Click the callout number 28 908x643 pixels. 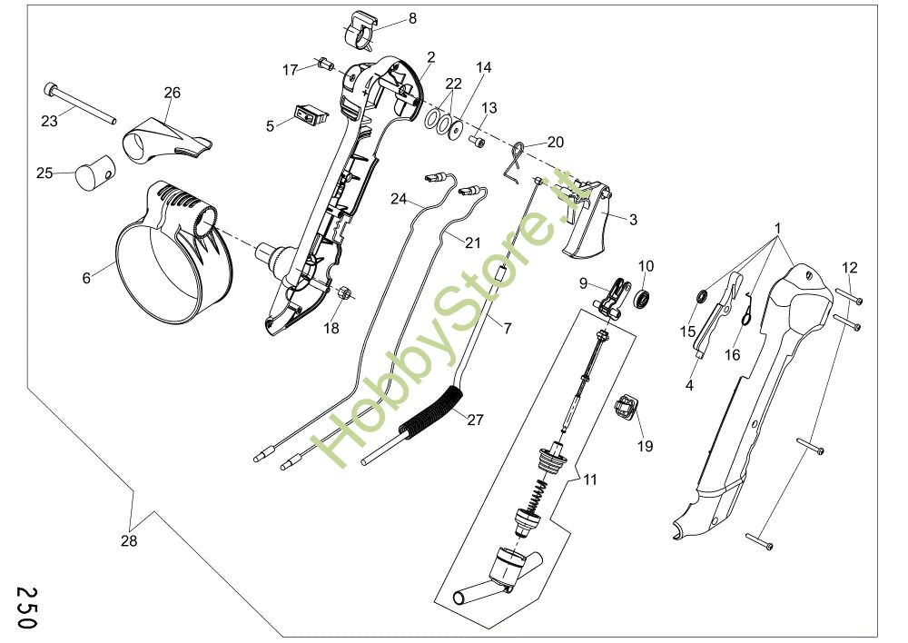pyautogui.click(x=129, y=540)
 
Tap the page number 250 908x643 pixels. pyautogui.click(x=26, y=608)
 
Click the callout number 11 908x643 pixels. pyautogui.click(x=590, y=480)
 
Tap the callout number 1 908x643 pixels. pyautogui.click(x=778, y=229)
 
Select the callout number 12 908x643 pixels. pyautogui.click(x=850, y=268)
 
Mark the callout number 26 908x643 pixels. pyautogui.click(x=172, y=93)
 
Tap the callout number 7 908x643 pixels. pyautogui.click(x=508, y=329)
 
